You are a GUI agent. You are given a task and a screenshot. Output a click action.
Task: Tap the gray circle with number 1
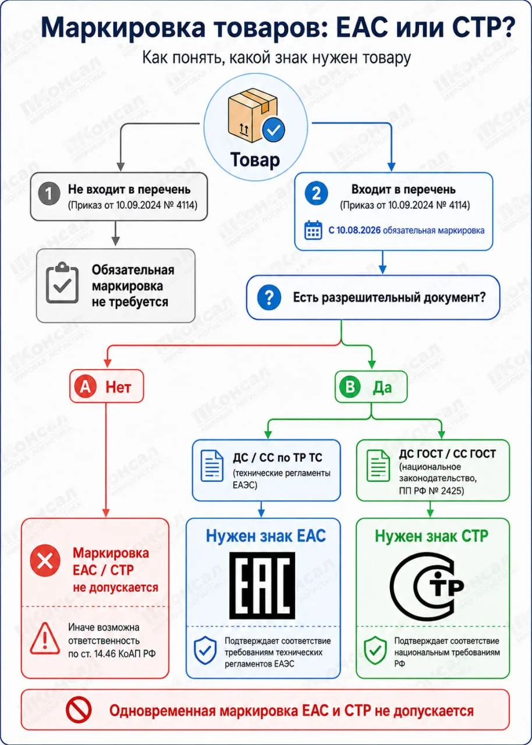(49, 193)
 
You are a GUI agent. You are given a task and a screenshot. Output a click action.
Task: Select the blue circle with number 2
(316, 193)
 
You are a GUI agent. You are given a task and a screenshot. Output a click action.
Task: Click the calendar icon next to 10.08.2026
(313, 230)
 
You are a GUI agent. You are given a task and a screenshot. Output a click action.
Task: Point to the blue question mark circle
(269, 297)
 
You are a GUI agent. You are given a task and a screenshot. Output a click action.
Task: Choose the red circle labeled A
(86, 387)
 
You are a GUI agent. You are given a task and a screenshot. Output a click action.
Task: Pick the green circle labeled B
(350, 387)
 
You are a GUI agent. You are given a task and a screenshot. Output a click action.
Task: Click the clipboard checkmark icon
(62, 283)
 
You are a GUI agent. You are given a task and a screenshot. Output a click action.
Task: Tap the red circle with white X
(45, 560)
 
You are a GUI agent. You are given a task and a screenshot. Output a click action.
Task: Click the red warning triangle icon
(45, 638)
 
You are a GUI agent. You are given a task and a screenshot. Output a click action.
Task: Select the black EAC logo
(263, 586)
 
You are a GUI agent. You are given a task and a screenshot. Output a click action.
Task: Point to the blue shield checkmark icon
(205, 651)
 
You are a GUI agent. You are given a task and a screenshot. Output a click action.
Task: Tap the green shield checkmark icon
(375, 651)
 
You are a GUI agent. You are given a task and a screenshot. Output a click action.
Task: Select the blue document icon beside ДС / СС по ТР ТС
(212, 466)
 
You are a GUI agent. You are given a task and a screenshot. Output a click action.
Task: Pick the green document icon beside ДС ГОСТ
(378, 466)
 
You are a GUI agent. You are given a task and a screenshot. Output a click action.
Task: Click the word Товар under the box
(255, 160)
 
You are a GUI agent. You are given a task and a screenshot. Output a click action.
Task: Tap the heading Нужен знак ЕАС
(266, 536)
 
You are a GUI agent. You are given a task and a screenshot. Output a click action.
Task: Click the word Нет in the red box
(118, 387)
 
